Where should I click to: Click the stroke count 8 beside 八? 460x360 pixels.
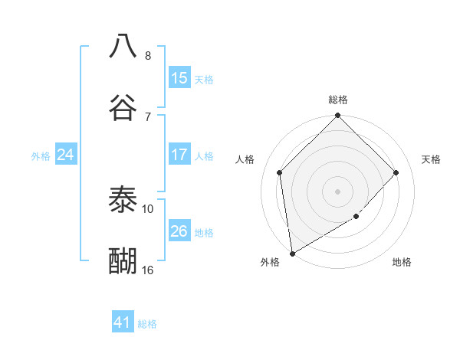click(148, 56)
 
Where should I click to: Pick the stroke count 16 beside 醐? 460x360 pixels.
click(148, 270)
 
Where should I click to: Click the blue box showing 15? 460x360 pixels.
click(179, 78)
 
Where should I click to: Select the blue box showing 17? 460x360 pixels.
click(179, 155)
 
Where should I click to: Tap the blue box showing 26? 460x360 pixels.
click(179, 231)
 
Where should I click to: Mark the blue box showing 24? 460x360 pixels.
click(66, 155)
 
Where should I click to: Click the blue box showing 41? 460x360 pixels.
click(123, 322)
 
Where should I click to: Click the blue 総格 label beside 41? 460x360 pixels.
click(148, 324)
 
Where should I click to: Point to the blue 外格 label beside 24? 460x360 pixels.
click(41, 156)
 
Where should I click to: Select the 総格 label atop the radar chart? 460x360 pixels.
click(338, 100)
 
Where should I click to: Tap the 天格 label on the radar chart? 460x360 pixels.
click(432, 159)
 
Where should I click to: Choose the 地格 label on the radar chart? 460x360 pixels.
click(402, 263)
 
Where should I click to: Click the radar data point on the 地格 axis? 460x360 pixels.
click(356, 217)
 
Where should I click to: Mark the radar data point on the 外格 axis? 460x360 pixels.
click(292, 254)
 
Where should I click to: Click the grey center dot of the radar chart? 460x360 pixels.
click(338, 191)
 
